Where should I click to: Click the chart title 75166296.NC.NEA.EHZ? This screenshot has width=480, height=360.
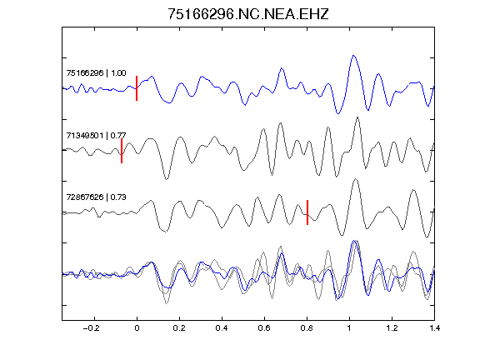(x=248, y=14)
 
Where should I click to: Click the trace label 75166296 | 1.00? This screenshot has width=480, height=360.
(x=96, y=73)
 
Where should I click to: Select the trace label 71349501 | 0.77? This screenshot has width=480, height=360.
(x=96, y=135)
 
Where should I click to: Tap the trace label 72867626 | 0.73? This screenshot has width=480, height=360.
(x=96, y=197)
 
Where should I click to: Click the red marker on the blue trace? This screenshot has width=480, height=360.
(x=137, y=88)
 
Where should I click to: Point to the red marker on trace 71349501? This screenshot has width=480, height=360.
(x=122, y=151)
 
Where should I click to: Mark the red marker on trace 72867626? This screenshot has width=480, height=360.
(x=307, y=212)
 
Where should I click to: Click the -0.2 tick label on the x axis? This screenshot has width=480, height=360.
(x=92, y=328)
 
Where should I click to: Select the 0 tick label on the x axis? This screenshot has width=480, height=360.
(x=137, y=328)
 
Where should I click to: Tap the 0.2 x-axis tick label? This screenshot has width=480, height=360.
(x=179, y=328)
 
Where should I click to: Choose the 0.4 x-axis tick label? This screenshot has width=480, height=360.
(x=222, y=328)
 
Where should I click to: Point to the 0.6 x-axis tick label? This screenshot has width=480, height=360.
(x=264, y=328)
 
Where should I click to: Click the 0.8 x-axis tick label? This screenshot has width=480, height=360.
(x=307, y=328)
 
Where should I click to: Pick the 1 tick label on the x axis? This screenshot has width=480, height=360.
(x=349, y=328)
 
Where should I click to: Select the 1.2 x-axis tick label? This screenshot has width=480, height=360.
(x=392, y=328)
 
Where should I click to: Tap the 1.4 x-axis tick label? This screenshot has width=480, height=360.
(x=434, y=328)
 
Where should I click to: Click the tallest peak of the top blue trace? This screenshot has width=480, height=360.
(x=353, y=56)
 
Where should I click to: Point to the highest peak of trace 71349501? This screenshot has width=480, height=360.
(x=357, y=117)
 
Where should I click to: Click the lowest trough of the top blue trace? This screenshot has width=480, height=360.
(x=338, y=113)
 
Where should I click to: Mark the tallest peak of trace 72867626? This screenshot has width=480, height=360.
(x=355, y=179)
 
